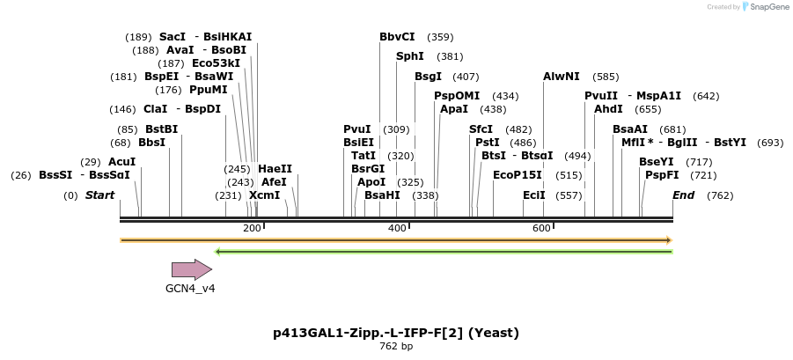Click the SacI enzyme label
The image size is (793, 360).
coord(173,37)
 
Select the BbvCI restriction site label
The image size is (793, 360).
coord(397,37)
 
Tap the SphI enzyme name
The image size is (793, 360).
coord(410,56)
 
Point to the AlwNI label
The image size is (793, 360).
coord(562,77)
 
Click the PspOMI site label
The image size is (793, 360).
coord(457,96)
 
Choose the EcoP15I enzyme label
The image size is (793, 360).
coord(518,175)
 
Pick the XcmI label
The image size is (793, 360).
coord(264,195)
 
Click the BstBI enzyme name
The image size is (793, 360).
coord(161,129)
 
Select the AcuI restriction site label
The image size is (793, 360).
coord(121,162)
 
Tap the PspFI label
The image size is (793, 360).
coord(662,175)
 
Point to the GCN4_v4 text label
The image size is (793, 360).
coord(190,288)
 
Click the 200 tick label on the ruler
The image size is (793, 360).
coord(252,229)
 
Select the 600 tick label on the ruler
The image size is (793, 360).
coord(540,229)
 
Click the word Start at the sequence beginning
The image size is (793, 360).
coord(99,195)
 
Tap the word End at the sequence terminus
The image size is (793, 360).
coord(684,195)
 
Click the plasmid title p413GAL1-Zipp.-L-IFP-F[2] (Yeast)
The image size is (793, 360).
coord(396,333)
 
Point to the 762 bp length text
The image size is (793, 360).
coord(396,346)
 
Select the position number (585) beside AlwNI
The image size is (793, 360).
coord(606,77)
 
